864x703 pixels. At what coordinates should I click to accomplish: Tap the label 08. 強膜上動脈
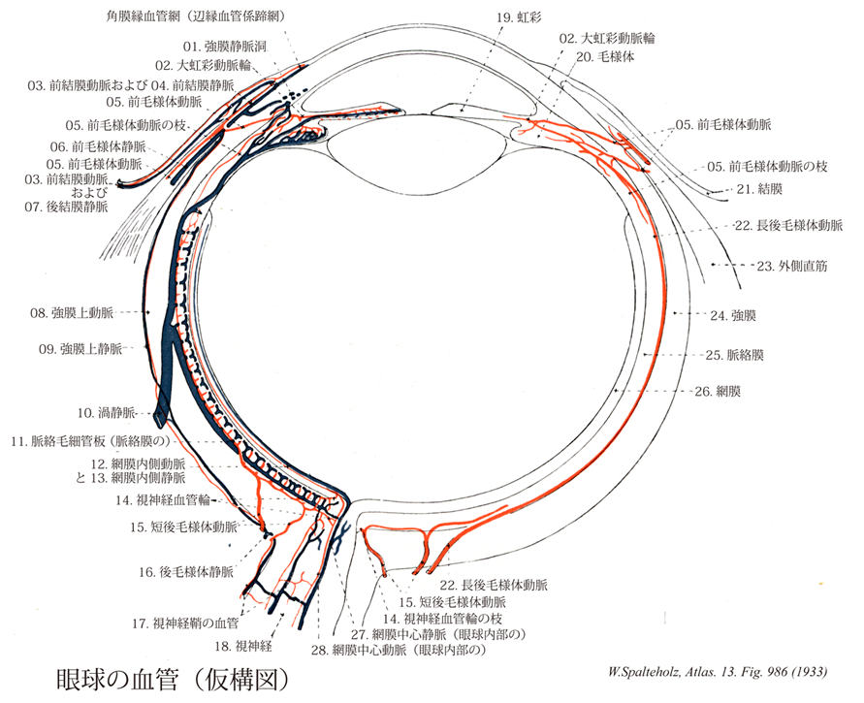click(x=72, y=313)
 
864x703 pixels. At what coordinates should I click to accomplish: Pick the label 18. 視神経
click(x=243, y=646)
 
